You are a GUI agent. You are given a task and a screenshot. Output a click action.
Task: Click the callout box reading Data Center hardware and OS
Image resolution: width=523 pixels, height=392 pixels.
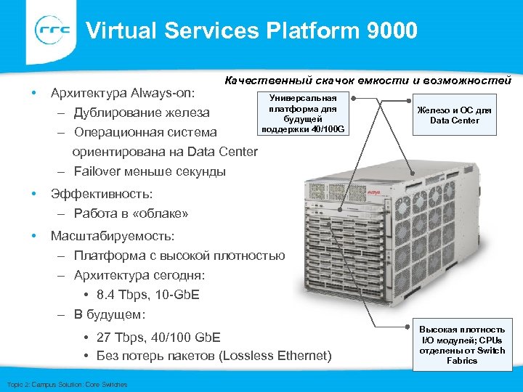pyautogui.click(x=454, y=115)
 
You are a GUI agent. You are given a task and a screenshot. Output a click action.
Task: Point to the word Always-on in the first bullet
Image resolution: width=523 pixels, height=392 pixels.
pyautogui.click(x=176, y=94)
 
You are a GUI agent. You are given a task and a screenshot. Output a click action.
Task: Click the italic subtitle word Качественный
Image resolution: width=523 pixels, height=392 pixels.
pyautogui.click(x=261, y=80)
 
